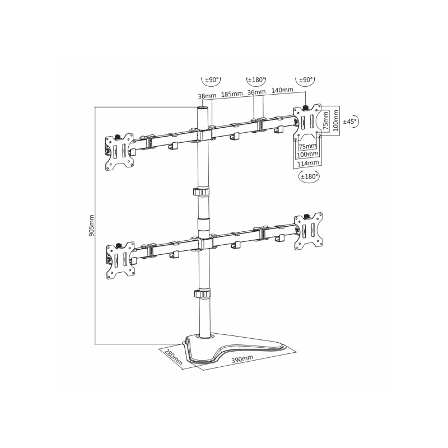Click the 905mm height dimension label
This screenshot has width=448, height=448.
(91, 226)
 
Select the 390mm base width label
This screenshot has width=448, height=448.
(242, 359)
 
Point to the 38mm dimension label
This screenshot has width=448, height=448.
(207, 96)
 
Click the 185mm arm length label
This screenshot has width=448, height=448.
(232, 94)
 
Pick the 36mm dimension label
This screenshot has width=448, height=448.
(256, 92)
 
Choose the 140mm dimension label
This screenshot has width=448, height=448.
(282, 90)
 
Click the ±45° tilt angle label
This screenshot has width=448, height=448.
(351, 122)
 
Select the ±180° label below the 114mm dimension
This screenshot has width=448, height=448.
(309, 176)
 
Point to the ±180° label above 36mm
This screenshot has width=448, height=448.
(256, 80)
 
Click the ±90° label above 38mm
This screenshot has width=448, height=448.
(212, 80)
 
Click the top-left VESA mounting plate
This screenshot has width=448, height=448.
(120, 152)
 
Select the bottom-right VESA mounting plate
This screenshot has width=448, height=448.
(309, 231)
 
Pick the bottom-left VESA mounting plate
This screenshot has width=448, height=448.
(120, 261)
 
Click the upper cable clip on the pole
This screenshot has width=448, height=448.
(201, 192)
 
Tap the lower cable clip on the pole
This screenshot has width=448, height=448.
(202, 293)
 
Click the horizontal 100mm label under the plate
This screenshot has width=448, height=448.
(307, 155)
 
